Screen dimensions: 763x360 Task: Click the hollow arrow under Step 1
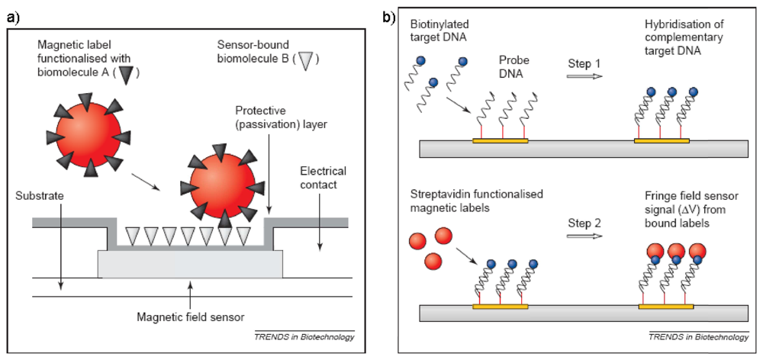click(x=585, y=76)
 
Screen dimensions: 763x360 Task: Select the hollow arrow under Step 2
click(x=585, y=237)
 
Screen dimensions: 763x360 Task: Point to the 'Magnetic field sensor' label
click(x=190, y=318)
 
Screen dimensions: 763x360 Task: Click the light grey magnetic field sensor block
click(x=190, y=265)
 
